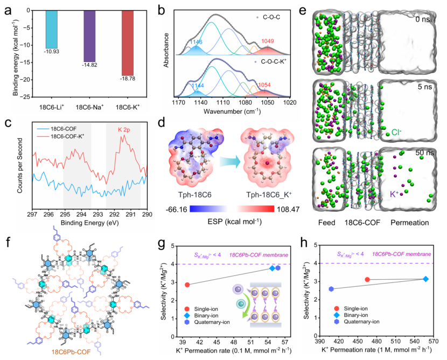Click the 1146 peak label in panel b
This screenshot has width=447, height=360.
pyautogui.click(x=196, y=40)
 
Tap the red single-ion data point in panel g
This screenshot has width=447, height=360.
pyautogui.click(x=187, y=285)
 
